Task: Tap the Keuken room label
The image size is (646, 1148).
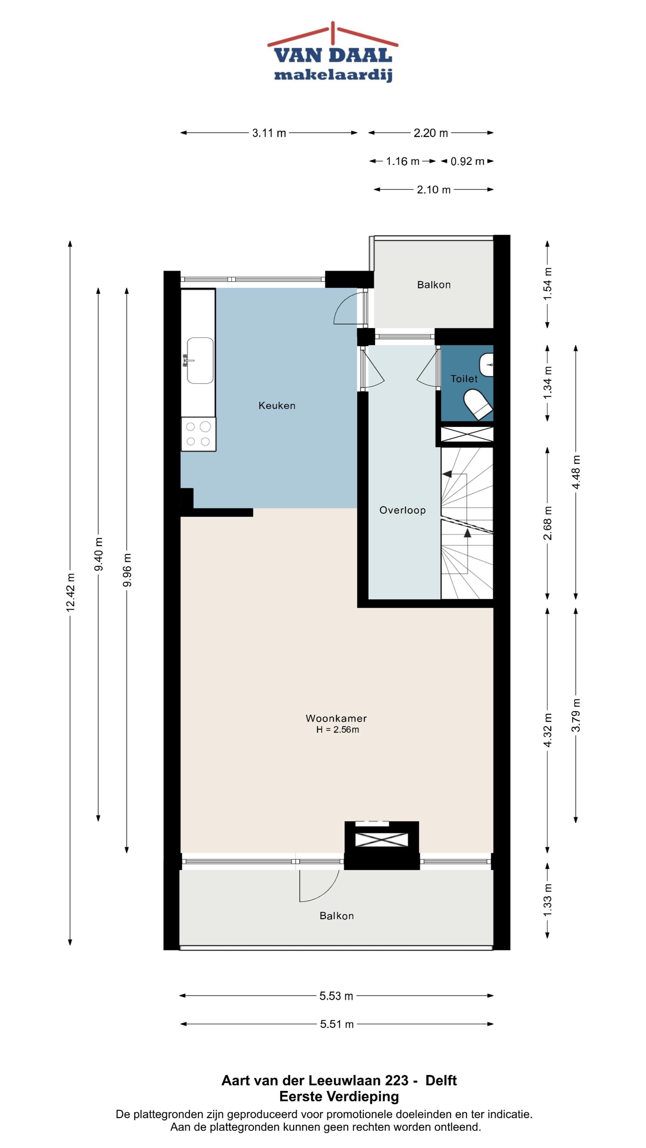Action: coord(277,406)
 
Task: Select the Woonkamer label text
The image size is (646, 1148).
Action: coord(336,718)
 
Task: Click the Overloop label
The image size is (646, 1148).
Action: coord(402,510)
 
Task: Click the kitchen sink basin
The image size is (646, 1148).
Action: coord(200,361)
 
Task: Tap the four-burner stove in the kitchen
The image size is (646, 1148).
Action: coord(198,434)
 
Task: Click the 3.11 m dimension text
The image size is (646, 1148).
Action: coord(269,133)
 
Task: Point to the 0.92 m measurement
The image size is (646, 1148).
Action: coord(467,161)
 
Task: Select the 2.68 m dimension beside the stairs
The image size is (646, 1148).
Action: coord(548,523)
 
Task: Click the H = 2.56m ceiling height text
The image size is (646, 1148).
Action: coord(337,729)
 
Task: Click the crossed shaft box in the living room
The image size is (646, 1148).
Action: coord(382,839)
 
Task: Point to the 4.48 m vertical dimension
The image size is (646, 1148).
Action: coord(576,472)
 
